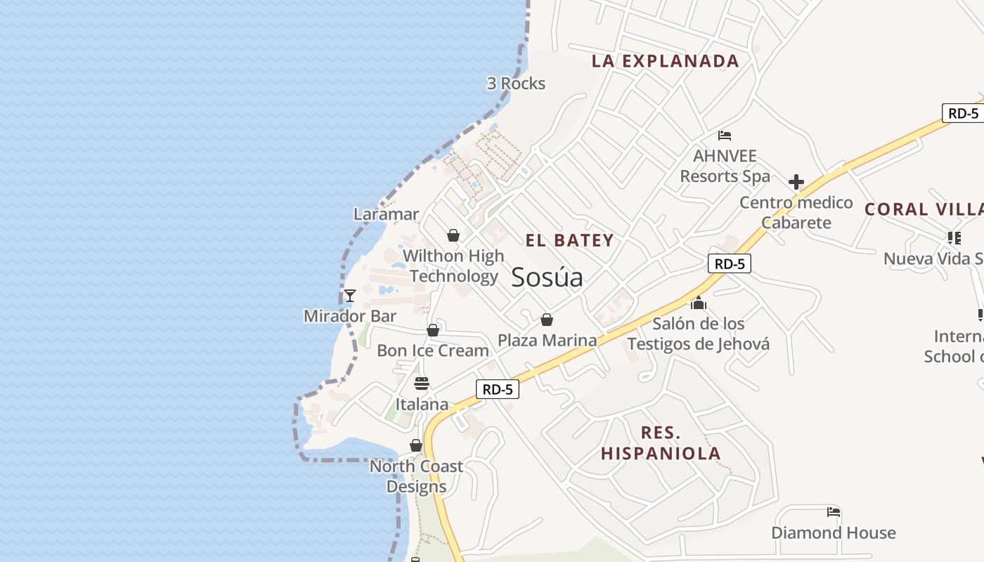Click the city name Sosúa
[547, 277]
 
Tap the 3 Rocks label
[516, 84]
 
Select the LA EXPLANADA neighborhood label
[665, 61]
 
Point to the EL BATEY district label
[569, 240]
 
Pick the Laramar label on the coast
[386, 214]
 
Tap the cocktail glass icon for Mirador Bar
[350, 296]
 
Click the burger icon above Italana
[422, 384]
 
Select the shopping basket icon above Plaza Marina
[547, 320]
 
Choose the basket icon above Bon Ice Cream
[433, 330]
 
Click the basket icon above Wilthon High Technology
[453, 235]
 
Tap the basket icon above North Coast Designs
[416, 446]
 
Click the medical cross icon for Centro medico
[796, 183]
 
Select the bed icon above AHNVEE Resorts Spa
[725, 135]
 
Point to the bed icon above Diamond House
[834, 512]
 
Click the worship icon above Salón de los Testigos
[698, 303]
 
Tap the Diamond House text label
[834, 533]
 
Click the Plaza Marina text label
[547, 341]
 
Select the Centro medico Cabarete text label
[796, 213]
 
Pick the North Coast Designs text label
[416, 476]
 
